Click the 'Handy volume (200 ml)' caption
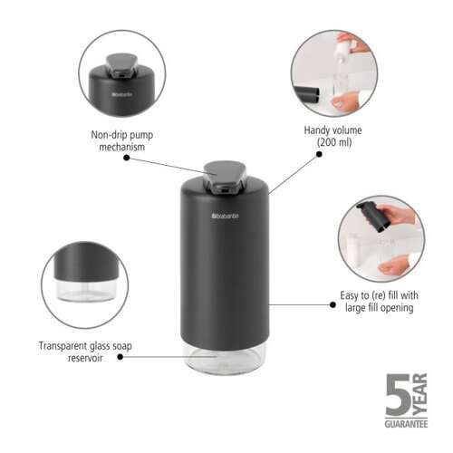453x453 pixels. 333,136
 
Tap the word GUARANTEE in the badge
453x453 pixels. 408,423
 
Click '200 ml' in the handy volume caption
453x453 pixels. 333,142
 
